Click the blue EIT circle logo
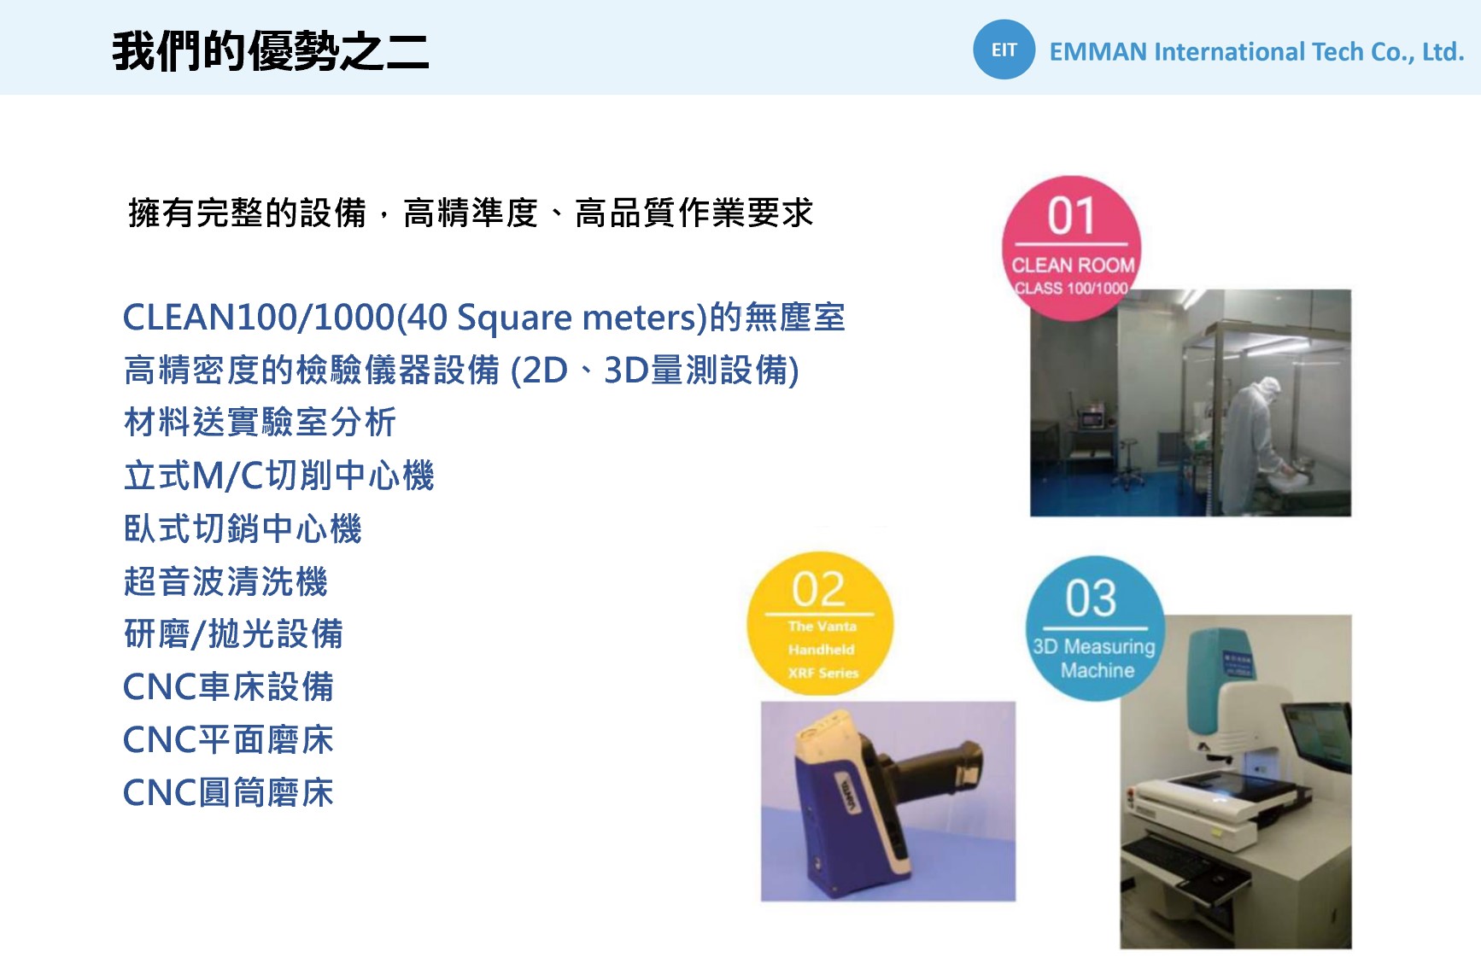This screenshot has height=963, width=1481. click(x=1004, y=50)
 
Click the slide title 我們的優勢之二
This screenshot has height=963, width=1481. click(x=270, y=51)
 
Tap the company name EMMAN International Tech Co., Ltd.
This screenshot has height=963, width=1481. click(x=1256, y=52)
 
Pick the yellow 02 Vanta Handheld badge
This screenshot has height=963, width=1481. click(x=820, y=623)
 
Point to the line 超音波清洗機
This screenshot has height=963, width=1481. click(x=225, y=581)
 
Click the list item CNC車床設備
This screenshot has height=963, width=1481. click(x=228, y=686)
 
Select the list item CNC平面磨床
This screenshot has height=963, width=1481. click(x=228, y=739)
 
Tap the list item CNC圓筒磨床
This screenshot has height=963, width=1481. click(x=228, y=792)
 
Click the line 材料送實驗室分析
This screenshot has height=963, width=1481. click(x=260, y=422)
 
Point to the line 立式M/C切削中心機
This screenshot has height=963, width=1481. click(x=279, y=476)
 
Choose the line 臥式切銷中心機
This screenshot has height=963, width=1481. click(x=243, y=528)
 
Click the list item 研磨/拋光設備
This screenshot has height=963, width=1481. click(x=233, y=634)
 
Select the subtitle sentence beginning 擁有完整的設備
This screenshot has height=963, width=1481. click(x=471, y=213)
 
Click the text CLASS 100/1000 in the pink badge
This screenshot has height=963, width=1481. click(x=1071, y=289)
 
